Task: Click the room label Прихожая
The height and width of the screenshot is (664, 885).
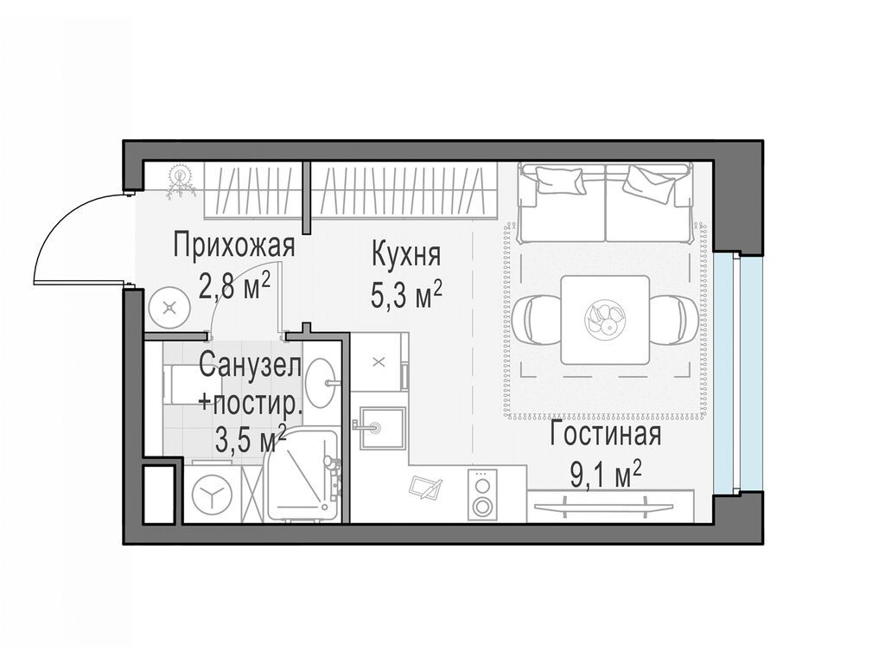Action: point(233,246)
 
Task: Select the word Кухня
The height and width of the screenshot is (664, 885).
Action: point(406,255)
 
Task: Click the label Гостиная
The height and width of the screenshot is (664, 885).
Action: point(605,435)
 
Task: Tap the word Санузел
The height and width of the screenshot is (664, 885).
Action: point(251,366)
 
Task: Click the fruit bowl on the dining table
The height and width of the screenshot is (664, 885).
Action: point(603,318)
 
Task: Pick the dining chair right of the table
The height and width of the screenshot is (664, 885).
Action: point(672,318)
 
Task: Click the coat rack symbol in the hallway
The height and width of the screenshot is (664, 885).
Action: point(181,182)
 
